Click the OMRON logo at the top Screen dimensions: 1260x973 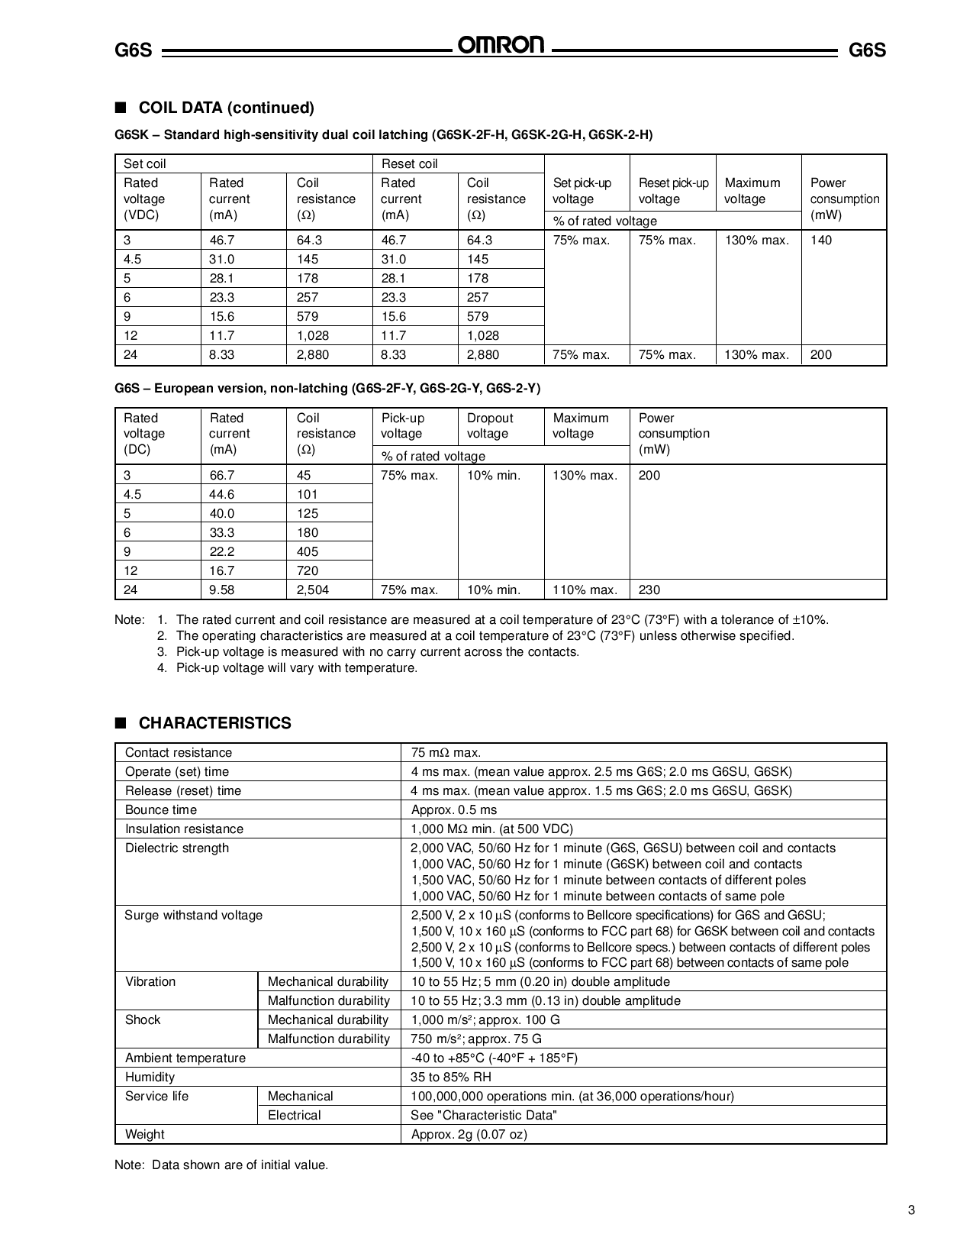click(x=501, y=45)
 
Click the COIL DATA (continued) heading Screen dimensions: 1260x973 click(x=226, y=108)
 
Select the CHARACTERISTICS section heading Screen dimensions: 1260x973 click(x=214, y=723)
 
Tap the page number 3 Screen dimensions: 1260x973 click(x=911, y=1210)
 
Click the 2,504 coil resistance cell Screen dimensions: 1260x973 click(x=313, y=590)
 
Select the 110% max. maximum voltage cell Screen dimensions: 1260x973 click(x=585, y=590)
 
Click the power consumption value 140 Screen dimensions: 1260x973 click(x=821, y=240)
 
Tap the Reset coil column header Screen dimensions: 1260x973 click(x=409, y=163)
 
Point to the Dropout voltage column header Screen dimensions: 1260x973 click(x=490, y=426)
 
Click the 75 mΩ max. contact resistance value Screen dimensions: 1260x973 click(x=446, y=752)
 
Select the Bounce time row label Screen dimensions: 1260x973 click(x=161, y=809)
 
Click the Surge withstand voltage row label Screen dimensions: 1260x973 click(x=193, y=915)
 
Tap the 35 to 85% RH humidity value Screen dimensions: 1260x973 click(x=451, y=1077)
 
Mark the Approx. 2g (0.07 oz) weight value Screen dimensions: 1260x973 click(x=469, y=1134)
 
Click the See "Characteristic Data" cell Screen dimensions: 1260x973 click(x=483, y=1115)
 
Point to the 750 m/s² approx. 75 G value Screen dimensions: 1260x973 click(x=476, y=1039)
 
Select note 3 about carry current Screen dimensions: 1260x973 click(x=377, y=651)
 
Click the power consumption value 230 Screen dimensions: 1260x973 click(x=649, y=590)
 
